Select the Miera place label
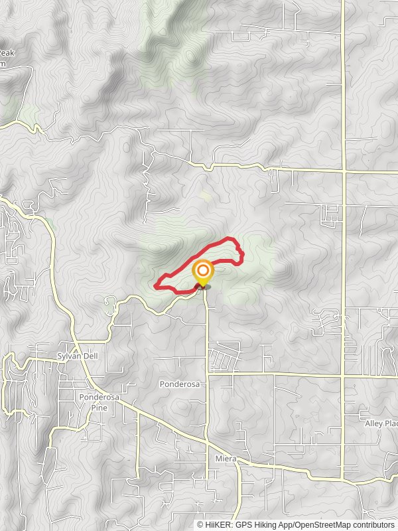pyautogui.click(x=226, y=459)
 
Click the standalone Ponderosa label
pyautogui.click(x=174, y=384)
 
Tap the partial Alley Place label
pyautogui.click(x=381, y=422)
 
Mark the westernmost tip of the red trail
pyautogui.click(x=155, y=286)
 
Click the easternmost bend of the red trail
pyautogui.click(x=243, y=254)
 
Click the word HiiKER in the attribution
pyautogui.click(x=218, y=524)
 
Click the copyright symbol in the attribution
pyautogui.click(x=201, y=524)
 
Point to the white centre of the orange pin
pyautogui.click(x=203, y=271)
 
